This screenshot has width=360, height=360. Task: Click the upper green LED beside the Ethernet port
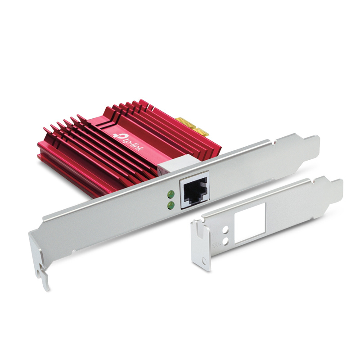click(171, 194)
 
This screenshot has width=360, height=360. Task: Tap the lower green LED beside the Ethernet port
click(171, 205)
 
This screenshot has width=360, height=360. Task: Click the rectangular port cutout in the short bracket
click(250, 223)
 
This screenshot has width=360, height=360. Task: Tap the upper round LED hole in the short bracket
click(226, 229)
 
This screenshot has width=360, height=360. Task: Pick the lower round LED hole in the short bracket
click(226, 241)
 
